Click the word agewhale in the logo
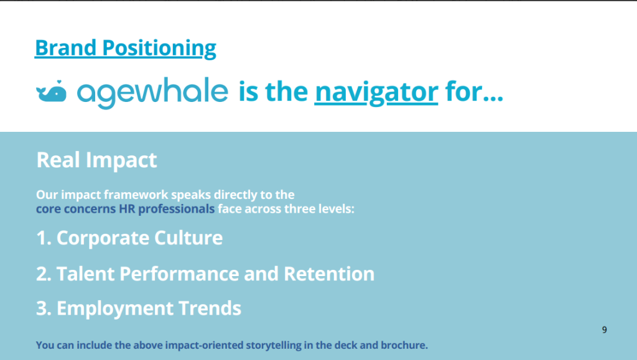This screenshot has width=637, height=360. [x=153, y=93]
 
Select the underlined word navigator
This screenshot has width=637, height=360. [x=376, y=92]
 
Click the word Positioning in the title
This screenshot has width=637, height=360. [x=159, y=48]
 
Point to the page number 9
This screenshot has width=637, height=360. [x=605, y=330]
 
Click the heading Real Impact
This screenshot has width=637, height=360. [x=96, y=160]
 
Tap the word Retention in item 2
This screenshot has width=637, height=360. [x=329, y=274]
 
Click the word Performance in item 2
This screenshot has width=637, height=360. [x=179, y=274]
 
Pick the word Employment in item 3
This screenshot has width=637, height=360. [x=114, y=309]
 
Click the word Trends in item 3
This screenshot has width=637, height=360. [x=210, y=308]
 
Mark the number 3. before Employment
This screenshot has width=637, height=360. [x=44, y=308]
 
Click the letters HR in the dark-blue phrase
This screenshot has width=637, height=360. [x=127, y=209]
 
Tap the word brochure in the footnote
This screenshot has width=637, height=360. [x=404, y=345]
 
